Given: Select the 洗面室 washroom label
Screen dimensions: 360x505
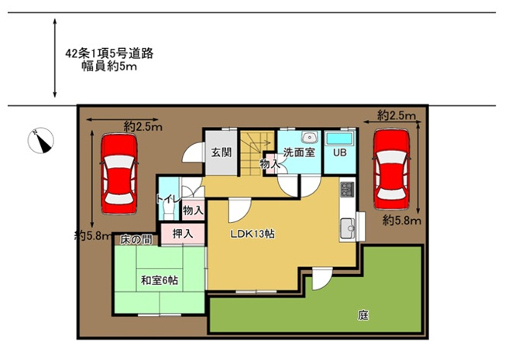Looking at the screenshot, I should click(298, 153).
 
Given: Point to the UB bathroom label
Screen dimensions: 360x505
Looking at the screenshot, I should click(339, 153).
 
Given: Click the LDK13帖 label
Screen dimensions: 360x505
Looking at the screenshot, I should click(252, 234).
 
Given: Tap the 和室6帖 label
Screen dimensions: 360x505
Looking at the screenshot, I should click(159, 281).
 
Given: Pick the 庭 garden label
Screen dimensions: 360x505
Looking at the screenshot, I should click(362, 315).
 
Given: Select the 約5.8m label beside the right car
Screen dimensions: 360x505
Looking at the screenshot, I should click(401, 221).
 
